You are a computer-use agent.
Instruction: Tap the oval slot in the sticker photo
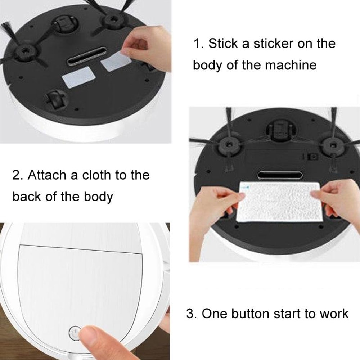[87, 58]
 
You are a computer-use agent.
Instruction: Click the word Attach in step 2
[46, 175]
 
